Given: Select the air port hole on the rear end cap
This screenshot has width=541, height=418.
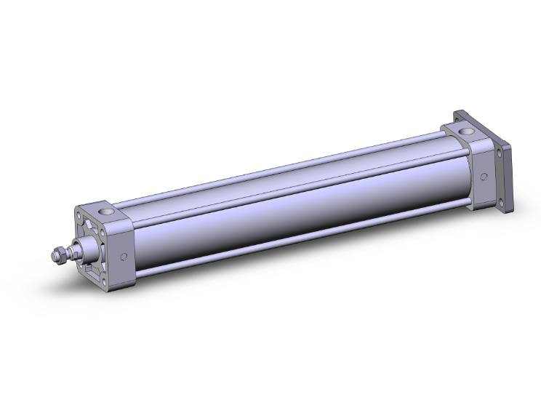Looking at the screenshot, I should click(x=465, y=131).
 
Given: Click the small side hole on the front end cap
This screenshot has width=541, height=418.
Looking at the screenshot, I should click(x=124, y=256).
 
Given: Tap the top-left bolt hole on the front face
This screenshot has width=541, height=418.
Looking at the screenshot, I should click(x=79, y=216).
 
